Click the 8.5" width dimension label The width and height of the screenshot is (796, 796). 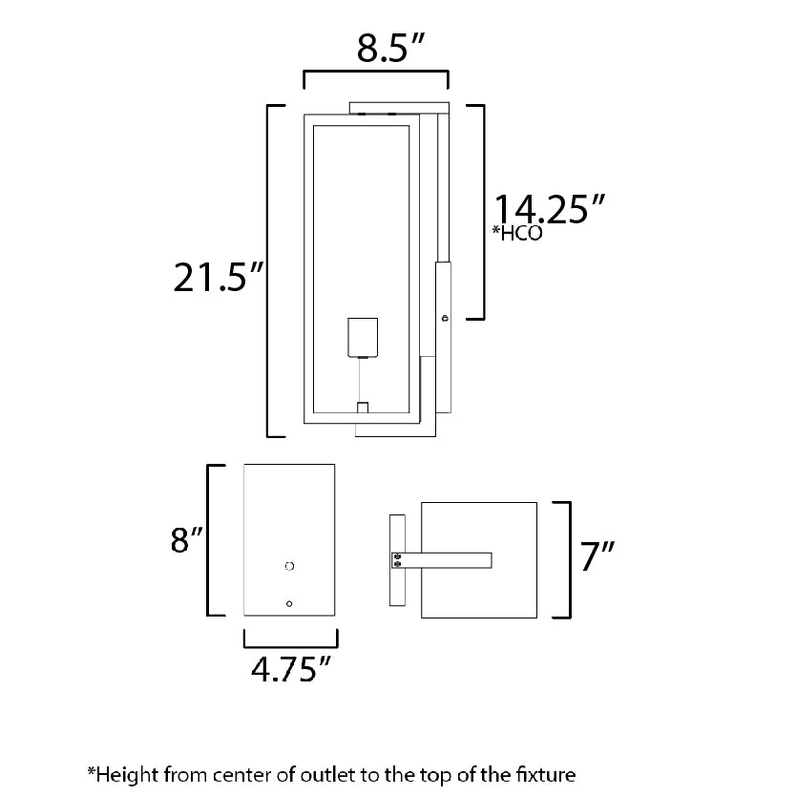[x=389, y=48]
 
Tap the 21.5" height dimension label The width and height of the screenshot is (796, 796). [x=219, y=277]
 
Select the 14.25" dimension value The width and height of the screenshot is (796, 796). [x=550, y=209]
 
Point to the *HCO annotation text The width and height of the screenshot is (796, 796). [x=517, y=233]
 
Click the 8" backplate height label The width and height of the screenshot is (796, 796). [x=186, y=539]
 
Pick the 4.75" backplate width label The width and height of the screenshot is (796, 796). [x=291, y=669]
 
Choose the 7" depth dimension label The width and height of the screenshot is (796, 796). [x=597, y=555]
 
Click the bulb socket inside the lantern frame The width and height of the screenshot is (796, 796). [x=363, y=338]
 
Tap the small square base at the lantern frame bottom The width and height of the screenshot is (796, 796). [x=363, y=408]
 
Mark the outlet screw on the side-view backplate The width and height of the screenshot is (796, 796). [x=445, y=318]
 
